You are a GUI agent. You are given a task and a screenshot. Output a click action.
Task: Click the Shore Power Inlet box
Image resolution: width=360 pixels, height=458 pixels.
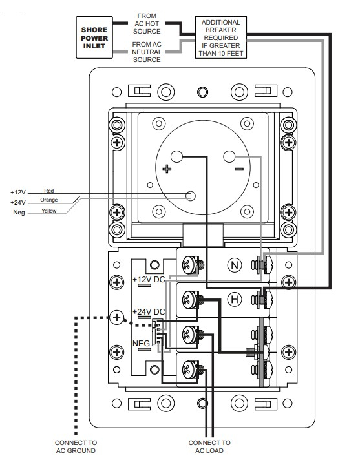[94, 37]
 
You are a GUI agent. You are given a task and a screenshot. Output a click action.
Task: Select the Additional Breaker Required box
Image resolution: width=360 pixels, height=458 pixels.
[221, 37]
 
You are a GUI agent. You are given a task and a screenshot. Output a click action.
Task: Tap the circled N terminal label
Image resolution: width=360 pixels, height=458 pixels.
[235, 265]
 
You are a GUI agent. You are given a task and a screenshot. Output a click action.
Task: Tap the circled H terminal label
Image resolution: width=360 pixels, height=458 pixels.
[235, 299]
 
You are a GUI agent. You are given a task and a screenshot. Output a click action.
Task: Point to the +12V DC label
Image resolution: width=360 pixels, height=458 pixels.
[149, 280]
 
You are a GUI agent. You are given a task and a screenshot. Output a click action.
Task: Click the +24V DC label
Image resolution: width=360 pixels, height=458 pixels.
[149, 311]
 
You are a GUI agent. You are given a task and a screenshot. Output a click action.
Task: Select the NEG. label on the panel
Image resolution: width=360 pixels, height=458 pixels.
[142, 343]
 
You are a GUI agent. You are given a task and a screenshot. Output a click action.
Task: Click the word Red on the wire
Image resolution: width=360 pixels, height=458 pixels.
[49, 191]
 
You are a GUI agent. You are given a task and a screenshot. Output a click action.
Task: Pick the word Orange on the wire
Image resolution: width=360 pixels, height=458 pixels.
[49, 200]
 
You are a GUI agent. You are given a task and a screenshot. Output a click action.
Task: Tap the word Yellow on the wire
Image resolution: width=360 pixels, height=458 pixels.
[49, 211]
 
